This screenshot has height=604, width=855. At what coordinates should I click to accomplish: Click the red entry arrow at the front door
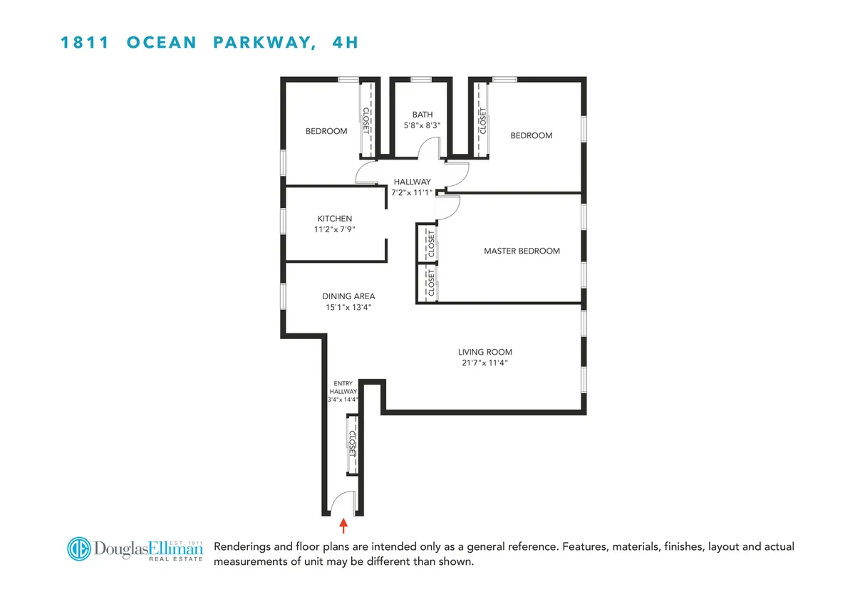(x=343, y=526)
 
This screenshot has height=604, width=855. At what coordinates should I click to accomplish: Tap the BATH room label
(x=423, y=115)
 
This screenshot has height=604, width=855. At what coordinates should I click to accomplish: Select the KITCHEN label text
(x=335, y=219)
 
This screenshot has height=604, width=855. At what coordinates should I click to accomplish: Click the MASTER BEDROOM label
(x=522, y=251)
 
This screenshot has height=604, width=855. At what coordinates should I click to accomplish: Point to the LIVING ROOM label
(x=484, y=352)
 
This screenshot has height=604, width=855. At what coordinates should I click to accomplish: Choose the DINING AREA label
(x=348, y=296)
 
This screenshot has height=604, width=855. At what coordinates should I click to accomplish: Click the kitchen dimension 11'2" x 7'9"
(x=335, y=229)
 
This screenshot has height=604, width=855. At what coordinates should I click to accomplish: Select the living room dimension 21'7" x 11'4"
(x=484, y=363)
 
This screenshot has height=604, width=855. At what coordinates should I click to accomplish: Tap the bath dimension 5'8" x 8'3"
(x=423, y=125)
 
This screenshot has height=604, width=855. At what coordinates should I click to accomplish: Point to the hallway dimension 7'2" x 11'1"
(x=412, y=192)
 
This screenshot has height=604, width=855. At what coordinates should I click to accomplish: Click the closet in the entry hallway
(x=351, y=445)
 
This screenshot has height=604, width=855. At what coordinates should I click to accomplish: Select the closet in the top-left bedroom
(x=367, y=120)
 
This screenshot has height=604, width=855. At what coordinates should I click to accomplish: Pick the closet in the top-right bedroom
(x=482, y=120)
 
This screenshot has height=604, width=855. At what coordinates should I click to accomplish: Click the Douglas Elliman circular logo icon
(x=81, y=548)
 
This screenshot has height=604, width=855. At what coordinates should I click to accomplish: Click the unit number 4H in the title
(x=345, y=43)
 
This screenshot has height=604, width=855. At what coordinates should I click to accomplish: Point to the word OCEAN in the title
(x=162, y=43)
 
